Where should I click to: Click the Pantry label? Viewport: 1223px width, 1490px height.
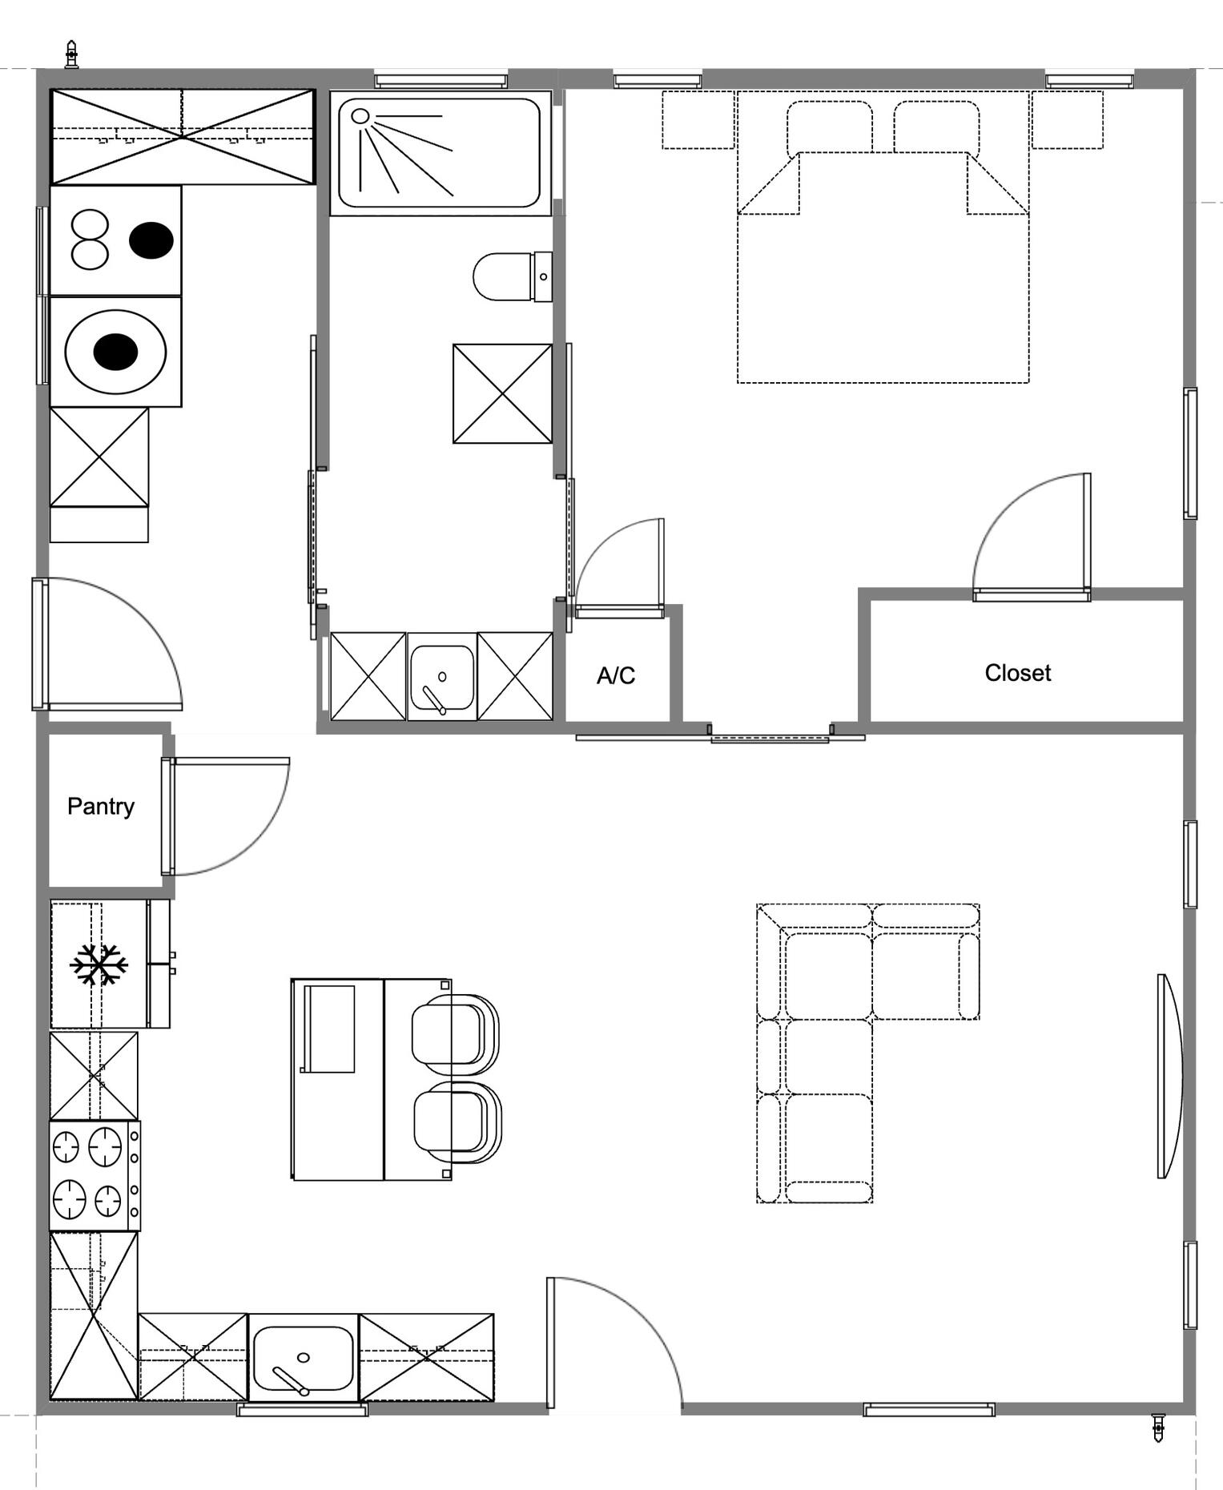click(x=100, y=806)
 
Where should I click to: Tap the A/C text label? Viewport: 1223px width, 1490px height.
click(x=616, y=676)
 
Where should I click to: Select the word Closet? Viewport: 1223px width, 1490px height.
click(x=1017, y=673)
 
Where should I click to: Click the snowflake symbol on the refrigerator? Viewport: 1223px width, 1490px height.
click(x=99, y=964)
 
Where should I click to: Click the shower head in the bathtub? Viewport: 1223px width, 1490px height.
click(x=360, y=117)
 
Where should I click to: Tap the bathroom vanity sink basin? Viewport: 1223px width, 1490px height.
click(x=442, y=678)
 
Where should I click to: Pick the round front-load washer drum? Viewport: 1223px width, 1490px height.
click(x=115, y=352)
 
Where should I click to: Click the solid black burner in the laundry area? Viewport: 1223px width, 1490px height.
click(x=151, y=240)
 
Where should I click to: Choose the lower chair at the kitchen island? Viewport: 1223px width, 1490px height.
click(x=457, y=1122)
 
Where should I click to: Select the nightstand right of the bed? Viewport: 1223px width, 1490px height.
click(x=1067, y=119)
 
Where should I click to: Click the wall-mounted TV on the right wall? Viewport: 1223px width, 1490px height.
click(x=1169, y=1076)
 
